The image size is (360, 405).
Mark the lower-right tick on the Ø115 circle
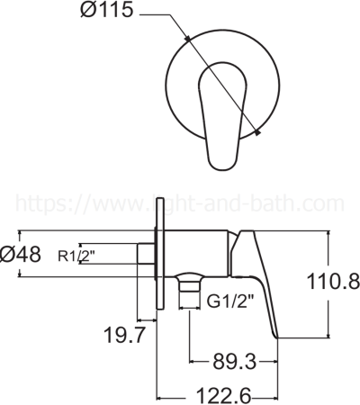(258, 133)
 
